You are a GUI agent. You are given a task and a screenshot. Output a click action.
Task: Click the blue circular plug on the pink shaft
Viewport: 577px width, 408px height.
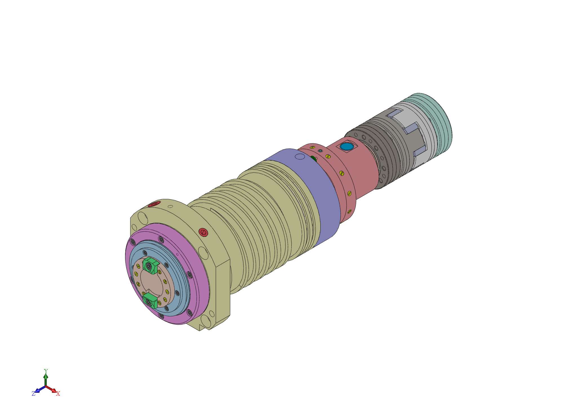coord(347,147)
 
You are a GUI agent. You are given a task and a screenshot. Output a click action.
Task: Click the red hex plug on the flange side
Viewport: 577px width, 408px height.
coord(203,232)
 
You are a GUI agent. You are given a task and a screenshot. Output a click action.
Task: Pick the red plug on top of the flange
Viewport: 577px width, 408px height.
coord(154,204)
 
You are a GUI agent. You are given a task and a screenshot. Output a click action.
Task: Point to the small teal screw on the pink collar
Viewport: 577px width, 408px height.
coord(320,151)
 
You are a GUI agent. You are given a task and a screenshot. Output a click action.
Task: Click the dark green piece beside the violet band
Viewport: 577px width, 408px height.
coord(313,158)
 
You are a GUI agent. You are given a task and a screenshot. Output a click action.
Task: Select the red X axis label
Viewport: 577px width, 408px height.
coord(58,394)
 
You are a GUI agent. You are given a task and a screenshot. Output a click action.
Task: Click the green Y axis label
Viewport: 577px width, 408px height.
coord(46,371)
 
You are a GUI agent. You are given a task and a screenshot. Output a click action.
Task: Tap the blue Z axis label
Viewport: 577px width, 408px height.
coord(34,394)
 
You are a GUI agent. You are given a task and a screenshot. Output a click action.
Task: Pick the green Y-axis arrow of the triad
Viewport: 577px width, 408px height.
coord(46,379)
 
